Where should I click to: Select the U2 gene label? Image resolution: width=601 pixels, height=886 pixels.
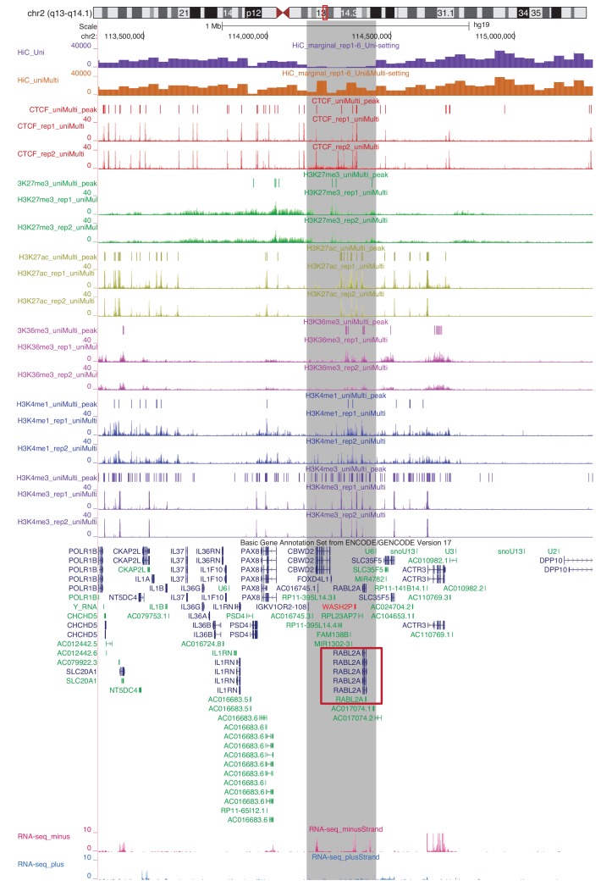pos(554,551)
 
